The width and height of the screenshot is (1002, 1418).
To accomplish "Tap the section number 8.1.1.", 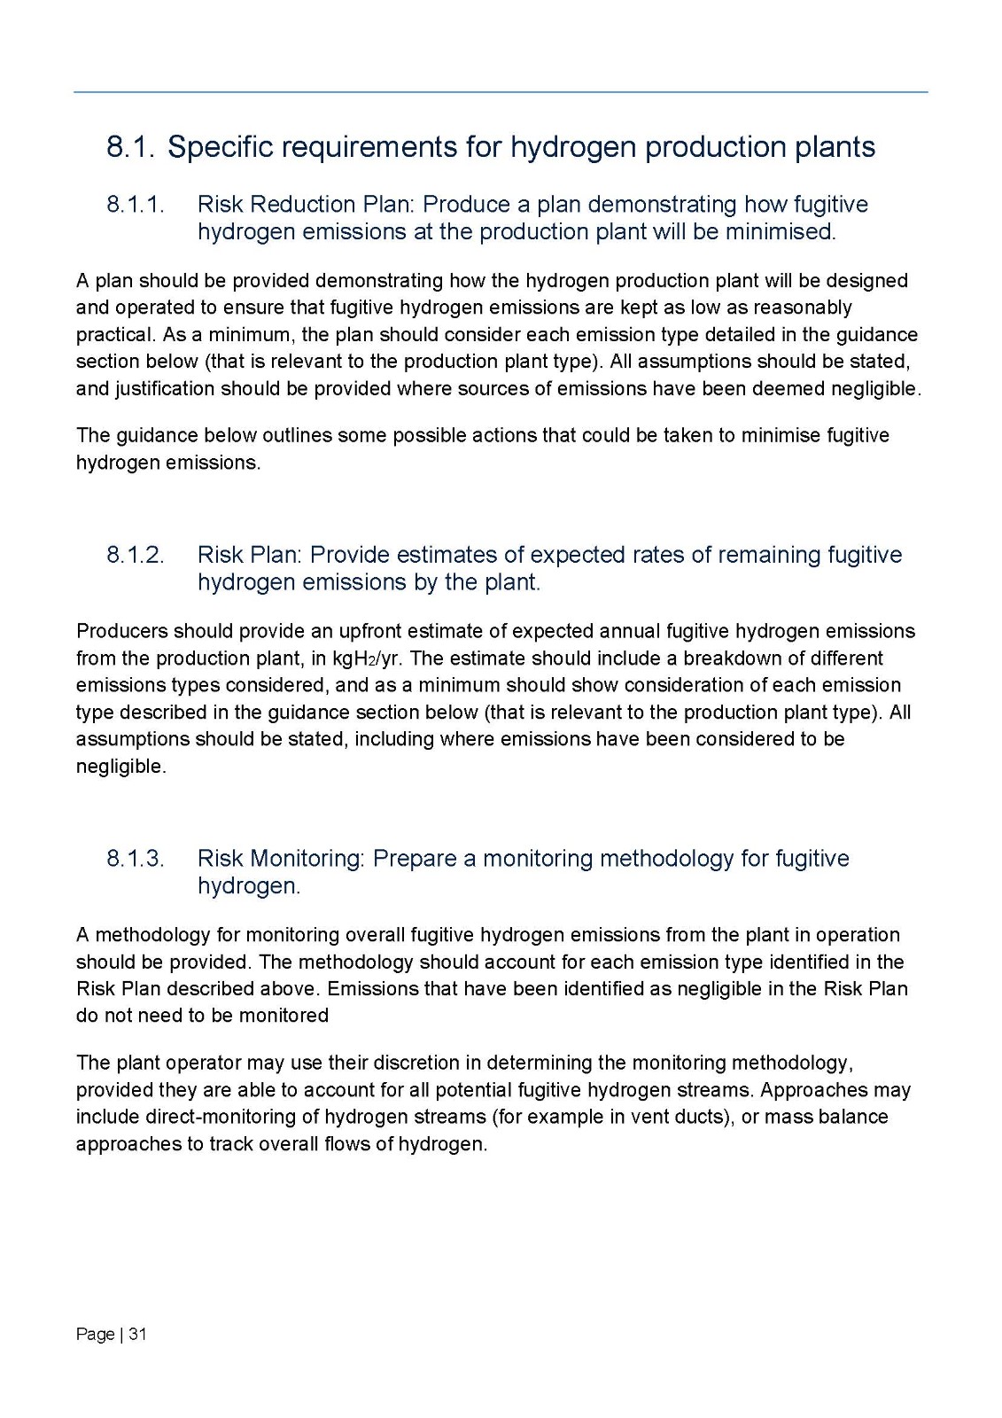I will click(136, 205).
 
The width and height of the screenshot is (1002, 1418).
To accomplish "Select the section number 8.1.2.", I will click(136, 555).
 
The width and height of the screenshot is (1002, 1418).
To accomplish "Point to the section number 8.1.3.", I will click(136, 859).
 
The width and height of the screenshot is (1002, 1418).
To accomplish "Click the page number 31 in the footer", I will click(137, 1334).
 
